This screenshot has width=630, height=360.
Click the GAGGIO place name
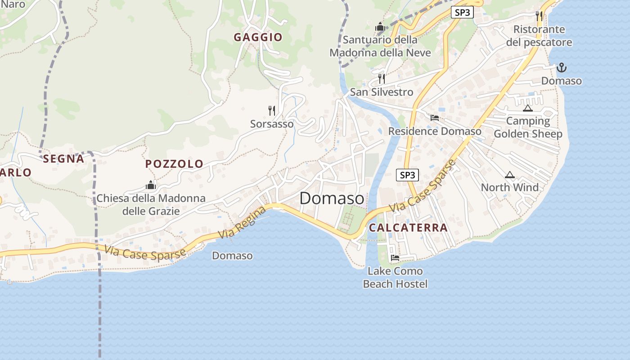[x=258, y=37]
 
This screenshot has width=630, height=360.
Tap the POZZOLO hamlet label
[x=174, y=164]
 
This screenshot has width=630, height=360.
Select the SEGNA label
[x=63, y=158]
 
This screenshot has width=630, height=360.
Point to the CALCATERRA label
[x=408, y=228]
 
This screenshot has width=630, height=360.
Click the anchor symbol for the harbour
[x=561, y=68]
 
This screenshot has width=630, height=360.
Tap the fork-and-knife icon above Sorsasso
[x=272, y=110]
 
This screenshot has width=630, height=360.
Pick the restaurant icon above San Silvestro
[x=382, y=79]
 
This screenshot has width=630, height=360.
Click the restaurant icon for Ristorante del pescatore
[x=539, y=16]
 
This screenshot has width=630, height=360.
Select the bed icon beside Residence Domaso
[x=435, y=118]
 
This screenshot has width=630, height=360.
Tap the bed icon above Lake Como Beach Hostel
[x=395, y=258]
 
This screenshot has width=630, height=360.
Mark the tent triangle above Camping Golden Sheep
[x=528, y=108]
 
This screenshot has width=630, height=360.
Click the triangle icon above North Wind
[x=509, y=175]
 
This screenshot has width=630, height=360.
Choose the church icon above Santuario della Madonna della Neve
[x=380, y=27]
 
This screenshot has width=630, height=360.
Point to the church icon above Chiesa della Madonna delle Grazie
[x=151, y=185]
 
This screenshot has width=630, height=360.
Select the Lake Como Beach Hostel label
[x=395, y=277]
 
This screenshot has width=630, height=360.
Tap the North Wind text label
[x=509, y=187]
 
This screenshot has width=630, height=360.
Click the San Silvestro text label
[x=382, y=92]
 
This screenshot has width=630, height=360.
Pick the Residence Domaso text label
[x=435, y=131]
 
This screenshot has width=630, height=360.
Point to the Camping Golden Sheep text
[x=528, y=127]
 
